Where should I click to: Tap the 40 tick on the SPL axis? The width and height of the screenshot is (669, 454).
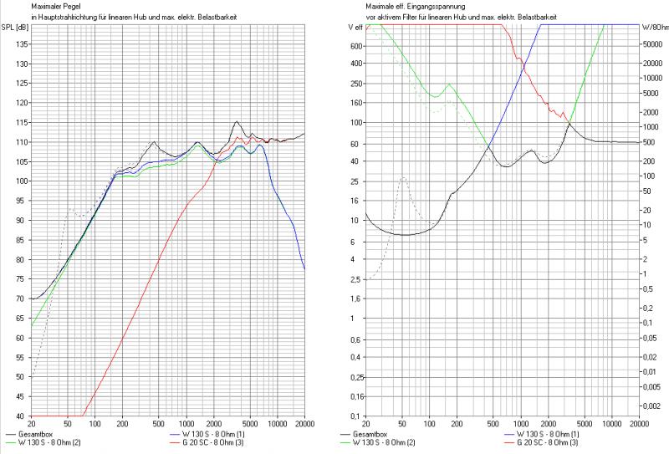(x=21, y=416)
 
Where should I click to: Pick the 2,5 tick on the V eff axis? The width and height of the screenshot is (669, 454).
(x=355, y=278)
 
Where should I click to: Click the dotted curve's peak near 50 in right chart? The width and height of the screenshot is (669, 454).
(x=403, y=177)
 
